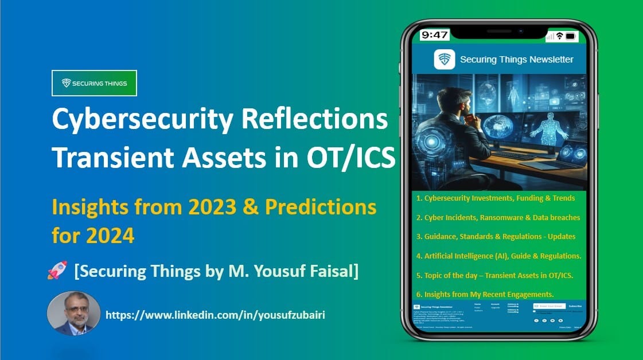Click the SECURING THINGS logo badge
click(94, 83)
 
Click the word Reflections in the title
click(313, 121)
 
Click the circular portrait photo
click(73, 313)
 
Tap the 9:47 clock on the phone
click(434, 35)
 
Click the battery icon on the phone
click(571, 36)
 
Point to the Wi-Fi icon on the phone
click(559, 36)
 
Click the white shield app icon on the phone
click(445, 59)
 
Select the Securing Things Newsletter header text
click(516, 60)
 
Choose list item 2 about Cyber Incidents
click(498, 217)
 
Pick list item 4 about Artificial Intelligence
click(498, 256)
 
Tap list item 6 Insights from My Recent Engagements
click(485, 294)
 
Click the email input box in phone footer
click(549, 306)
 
